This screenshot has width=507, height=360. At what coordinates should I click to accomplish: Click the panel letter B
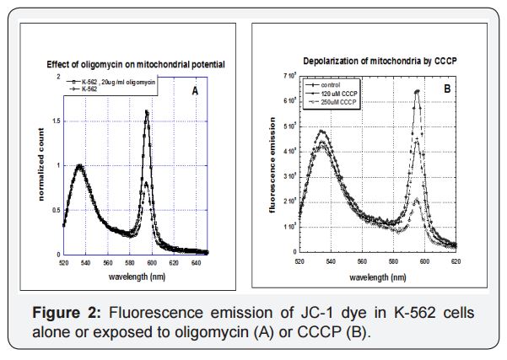click(447, 88)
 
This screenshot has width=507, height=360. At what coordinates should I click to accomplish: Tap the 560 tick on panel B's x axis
click(362, 261)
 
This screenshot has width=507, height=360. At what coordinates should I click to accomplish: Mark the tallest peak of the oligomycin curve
click(148, 111)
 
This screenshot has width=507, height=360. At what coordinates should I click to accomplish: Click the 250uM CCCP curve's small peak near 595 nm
click(417, 200)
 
